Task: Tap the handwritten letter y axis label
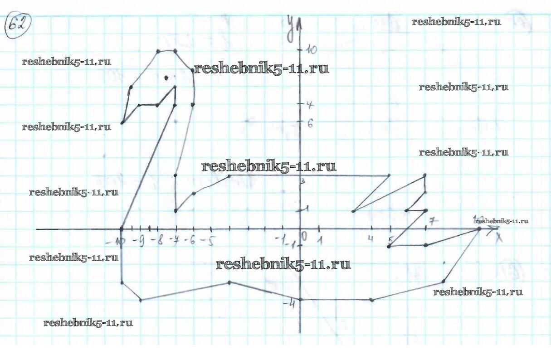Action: pos(290,28)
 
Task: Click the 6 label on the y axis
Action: pos(311,123)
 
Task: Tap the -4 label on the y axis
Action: pos(289,303)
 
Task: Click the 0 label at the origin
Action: pos(304,236)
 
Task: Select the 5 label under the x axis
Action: pos(390,239)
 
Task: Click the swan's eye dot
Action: pos(166,78)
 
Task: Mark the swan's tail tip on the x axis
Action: pos(479,229)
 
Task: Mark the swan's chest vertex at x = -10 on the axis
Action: pos(122,229)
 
